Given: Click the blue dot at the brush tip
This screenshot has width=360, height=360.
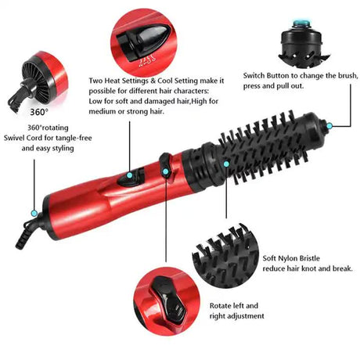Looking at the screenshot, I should click(329, 125).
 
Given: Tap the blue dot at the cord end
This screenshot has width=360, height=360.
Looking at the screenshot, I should click(34, 211).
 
